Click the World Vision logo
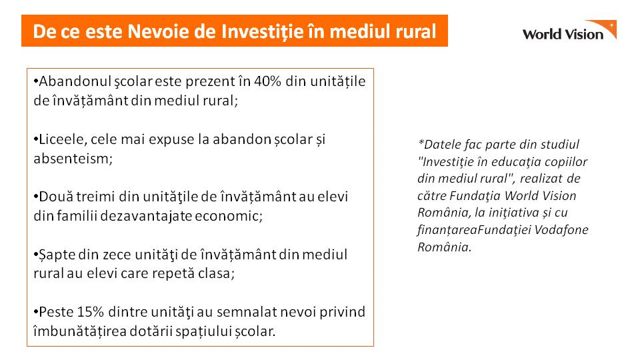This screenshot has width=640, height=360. click(x=569, y=30)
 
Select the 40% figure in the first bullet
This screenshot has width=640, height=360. click(x=268, y=81)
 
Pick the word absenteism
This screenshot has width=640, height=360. click(x=73, y=159)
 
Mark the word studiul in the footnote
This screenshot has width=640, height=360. click(x=560, y=145)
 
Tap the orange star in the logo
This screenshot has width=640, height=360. click(x=611, y=25)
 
